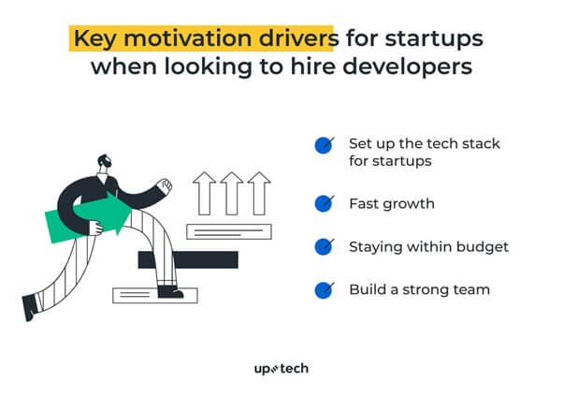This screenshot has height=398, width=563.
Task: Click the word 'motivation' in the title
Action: coord(187,37)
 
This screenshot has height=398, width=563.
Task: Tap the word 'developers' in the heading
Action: coord(407,67)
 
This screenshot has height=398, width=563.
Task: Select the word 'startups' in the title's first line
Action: coord(434,39)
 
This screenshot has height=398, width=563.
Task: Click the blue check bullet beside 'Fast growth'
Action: coord(324,203)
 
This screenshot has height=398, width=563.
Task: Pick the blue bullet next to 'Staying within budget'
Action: coord(324,246)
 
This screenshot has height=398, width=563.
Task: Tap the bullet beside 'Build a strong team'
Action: coord(324,290)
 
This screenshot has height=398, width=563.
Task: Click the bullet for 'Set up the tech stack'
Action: coord(324,145)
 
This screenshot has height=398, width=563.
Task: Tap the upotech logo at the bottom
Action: coord(281,369)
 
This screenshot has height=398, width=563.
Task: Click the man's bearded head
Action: coord(104,163)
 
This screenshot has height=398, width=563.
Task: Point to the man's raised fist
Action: coord(166,185)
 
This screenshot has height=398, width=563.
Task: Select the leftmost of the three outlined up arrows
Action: coord(204,193)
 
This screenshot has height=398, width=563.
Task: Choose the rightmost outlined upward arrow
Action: coord(259,193)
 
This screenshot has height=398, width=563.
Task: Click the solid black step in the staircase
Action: coord(188,259)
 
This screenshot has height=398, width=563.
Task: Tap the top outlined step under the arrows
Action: coord(229,231)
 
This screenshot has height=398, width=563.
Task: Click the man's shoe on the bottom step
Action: coord(170,292)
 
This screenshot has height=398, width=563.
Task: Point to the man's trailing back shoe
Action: coord(30,307)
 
